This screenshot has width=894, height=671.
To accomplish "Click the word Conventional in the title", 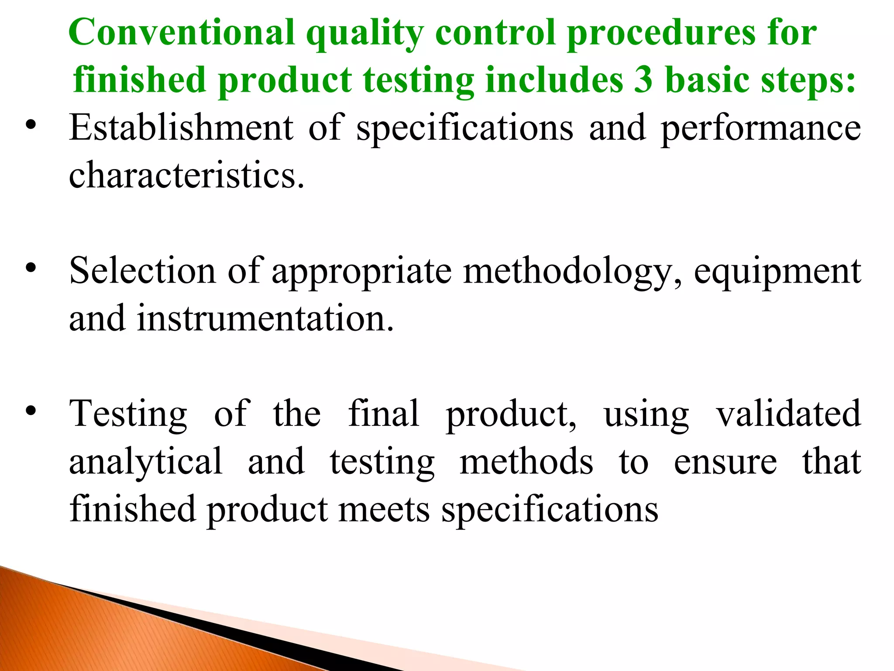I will pos(182,33).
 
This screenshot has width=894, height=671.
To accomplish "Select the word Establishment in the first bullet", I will pos(182,128).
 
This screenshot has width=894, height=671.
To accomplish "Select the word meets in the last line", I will pos(384,510).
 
